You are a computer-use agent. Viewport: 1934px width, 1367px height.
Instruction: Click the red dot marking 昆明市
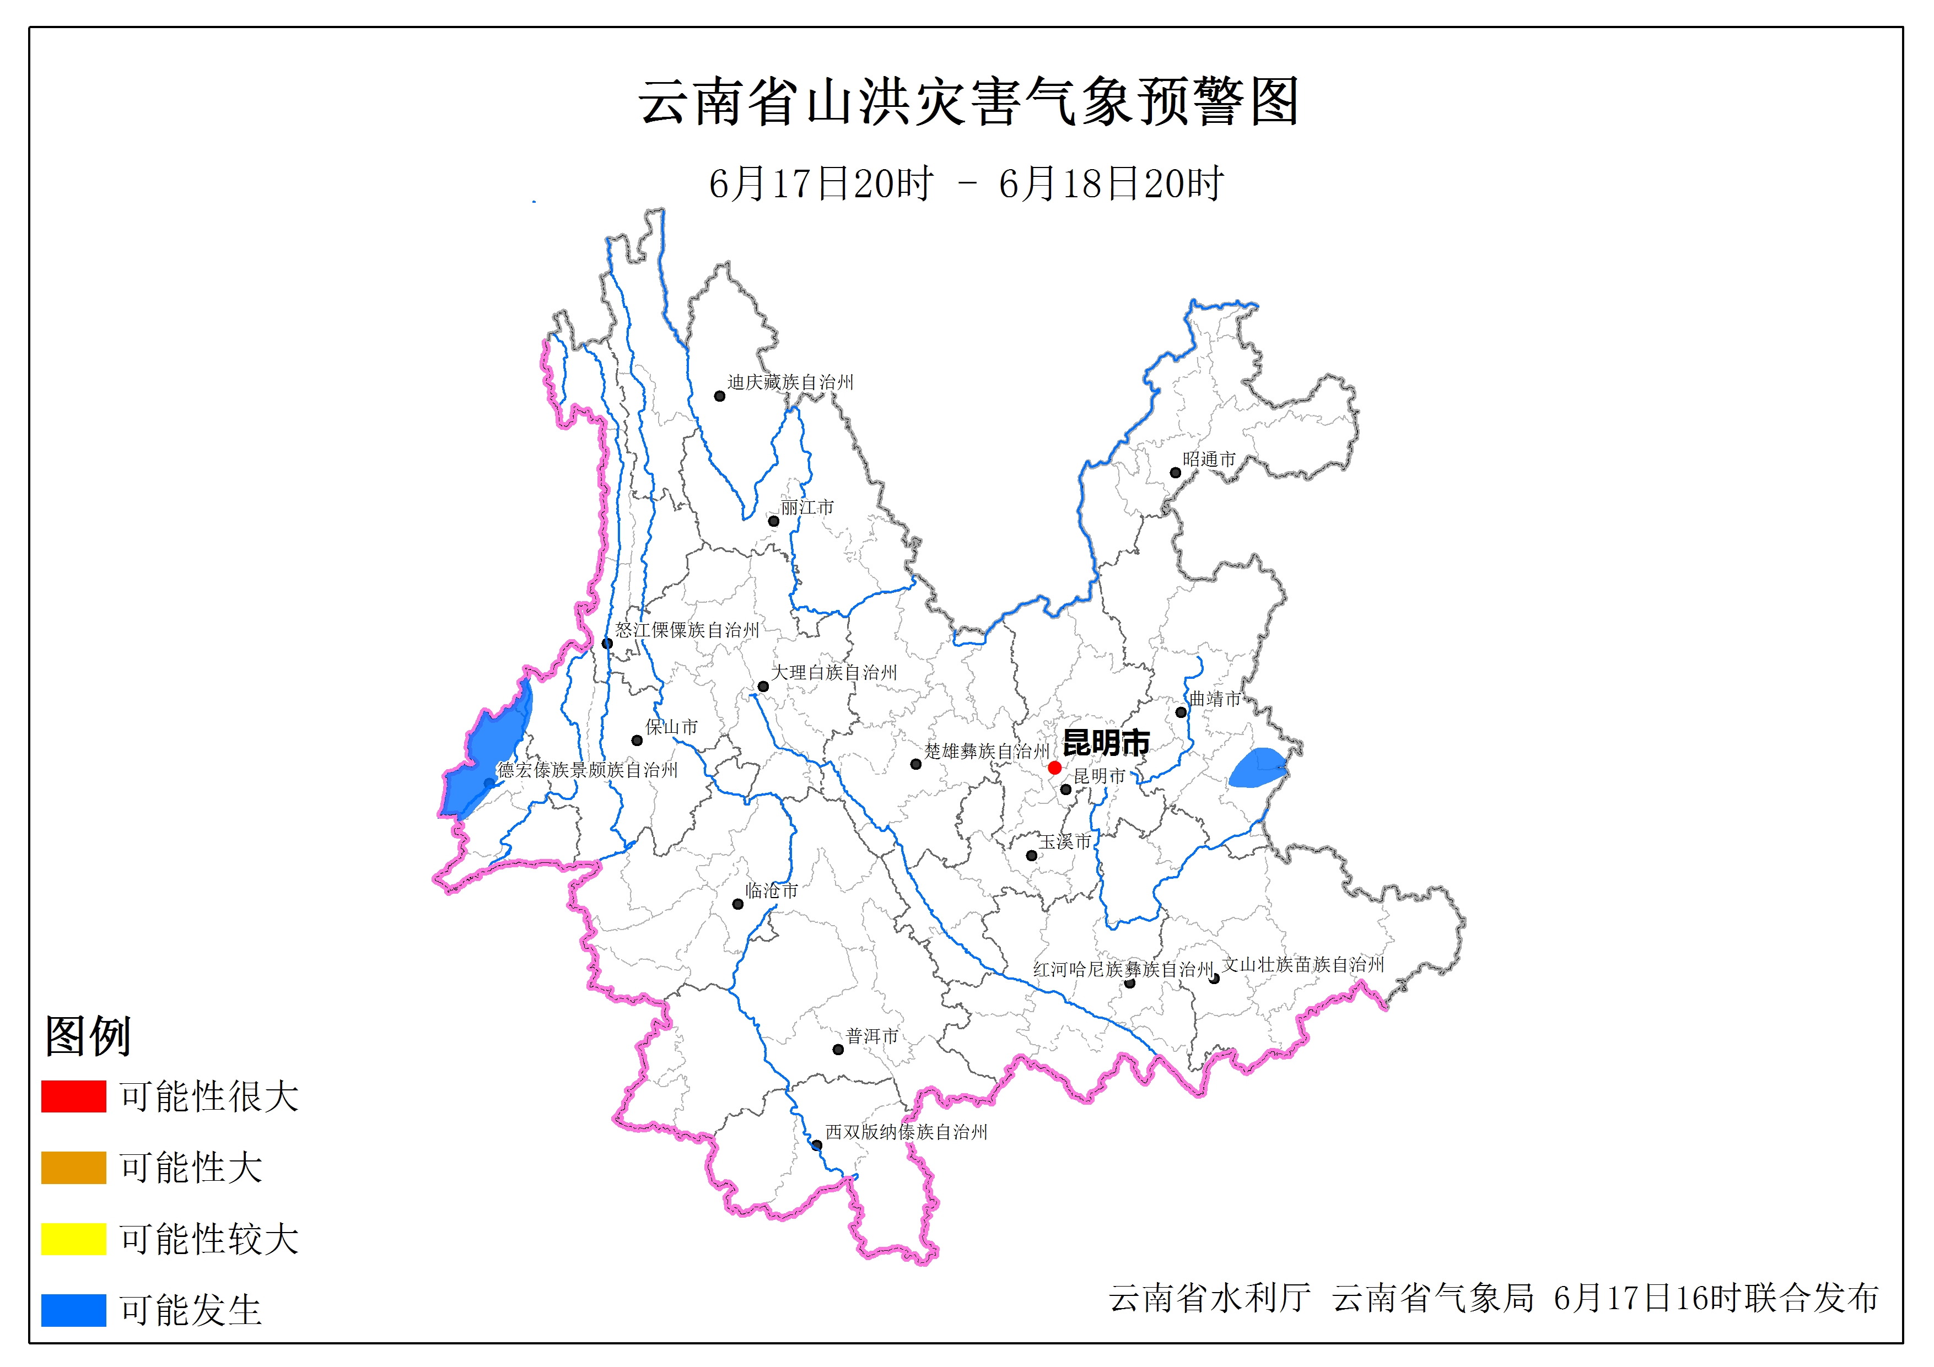pyautogui.click(x=1054, y=768)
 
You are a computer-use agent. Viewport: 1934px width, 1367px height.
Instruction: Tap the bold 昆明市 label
pyautogui.click(x=1106, y=743)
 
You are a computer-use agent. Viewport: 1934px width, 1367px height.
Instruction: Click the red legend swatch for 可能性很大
pyautogui.click(x=73, y=1096)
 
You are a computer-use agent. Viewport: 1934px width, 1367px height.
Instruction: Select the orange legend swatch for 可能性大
pyautogui.click(x=73, y=1168)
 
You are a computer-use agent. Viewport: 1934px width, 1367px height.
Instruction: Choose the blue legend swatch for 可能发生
pyautogui.click(x=73, y=1310)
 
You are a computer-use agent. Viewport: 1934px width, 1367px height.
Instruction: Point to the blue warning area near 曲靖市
pyautogui.click(x=1257, y=768)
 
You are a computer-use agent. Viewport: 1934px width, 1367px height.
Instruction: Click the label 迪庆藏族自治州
pyautogui.click(x=790, y=382)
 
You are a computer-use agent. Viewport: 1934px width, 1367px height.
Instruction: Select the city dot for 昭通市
pyautogui.click(x=1175, y=473)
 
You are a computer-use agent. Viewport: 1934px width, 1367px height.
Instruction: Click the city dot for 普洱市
pyautogui.click(x=838, y=1050)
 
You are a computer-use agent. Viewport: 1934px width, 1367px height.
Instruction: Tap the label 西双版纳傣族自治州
pyautogui.click(x=906, y=1132)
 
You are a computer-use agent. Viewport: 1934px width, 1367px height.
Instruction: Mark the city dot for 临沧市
pyautogui.click(x=738, y=904)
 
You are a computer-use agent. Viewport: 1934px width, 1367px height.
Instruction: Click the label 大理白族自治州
pyautogui.click(x=834, y=672)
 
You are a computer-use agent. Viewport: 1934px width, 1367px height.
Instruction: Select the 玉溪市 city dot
pyautogui.click(x=1031, y=856)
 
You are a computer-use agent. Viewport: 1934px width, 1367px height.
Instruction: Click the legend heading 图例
pyautogui.click(x=88, y=1035)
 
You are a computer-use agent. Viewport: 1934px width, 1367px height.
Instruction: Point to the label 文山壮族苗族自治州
pyautogui.click(x=1302, y=964)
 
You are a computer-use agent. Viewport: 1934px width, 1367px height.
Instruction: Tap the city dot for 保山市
pyautogui.click(x=637, y=741)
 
